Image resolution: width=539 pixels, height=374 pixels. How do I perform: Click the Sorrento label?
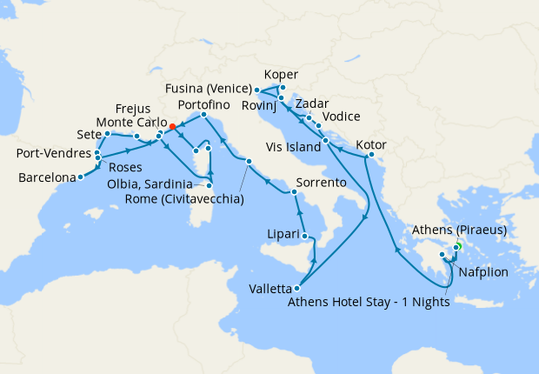323,184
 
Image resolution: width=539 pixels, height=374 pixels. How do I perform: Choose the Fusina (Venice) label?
210,89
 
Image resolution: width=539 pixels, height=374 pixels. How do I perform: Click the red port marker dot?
172,127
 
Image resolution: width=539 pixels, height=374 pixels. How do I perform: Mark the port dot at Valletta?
298,289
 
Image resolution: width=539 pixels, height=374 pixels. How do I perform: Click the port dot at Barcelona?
80,177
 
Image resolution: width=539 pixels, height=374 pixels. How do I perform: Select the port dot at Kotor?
370,157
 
